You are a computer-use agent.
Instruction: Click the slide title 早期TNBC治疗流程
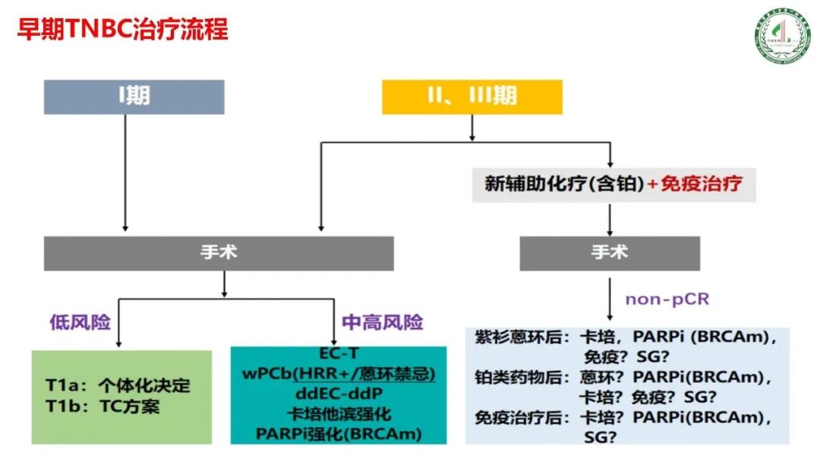[x=122, y=30]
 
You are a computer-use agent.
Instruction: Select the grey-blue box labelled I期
[x=134, y=96]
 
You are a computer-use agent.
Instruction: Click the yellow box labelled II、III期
[x=471, y=96]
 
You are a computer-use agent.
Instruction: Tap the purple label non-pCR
[x=667, y=299]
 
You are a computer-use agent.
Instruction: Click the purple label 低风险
[x=80, y=322]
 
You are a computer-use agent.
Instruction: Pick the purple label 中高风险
[x=383, y=322]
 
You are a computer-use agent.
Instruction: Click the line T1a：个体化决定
[x=117, y=385]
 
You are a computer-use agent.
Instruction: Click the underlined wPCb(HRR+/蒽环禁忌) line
[x=339, y=375]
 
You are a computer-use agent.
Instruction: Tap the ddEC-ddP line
[x=337, y=394]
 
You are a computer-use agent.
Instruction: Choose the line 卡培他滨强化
[x=337, y=414]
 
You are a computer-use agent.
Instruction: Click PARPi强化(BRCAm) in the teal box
[x=338, y=434]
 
